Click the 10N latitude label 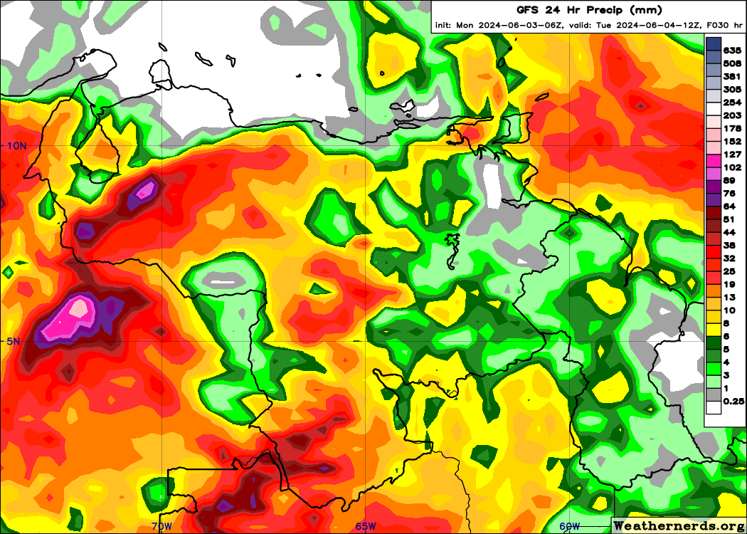tap(16, 145)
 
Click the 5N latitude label tap(13, 341)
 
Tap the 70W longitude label tap(162, 526)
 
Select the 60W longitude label tap(569, 526)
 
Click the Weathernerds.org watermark tap(679, 525)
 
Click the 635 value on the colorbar tap(732, 51)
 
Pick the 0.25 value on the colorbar tap(733, 402)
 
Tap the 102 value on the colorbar tap(732, 167)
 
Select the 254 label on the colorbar tap(732, 103)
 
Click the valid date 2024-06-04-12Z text tap(652, 26)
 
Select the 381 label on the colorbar tap(732, 76)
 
